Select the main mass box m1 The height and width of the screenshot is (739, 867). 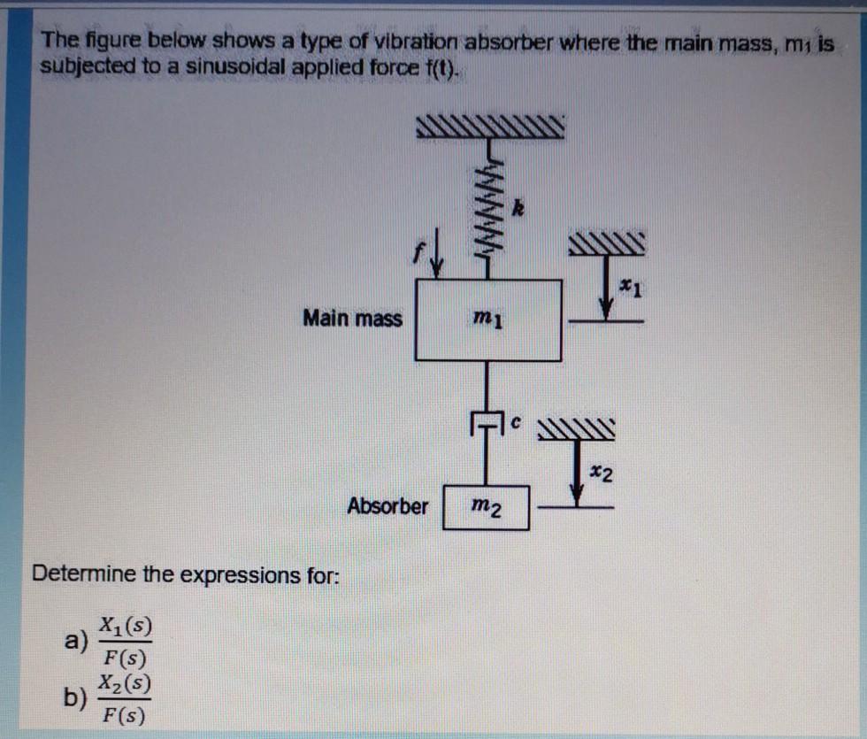tap(488, 319)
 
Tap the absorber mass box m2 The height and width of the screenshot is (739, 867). tap(486, 507)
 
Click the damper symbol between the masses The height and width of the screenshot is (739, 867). tap(486, 423)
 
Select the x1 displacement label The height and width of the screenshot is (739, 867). tap(626, 287)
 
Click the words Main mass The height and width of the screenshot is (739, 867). tap(352, 317)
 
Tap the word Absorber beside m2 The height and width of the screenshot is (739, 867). tap(387, 506)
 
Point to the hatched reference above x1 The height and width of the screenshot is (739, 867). tap(608, 242)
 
